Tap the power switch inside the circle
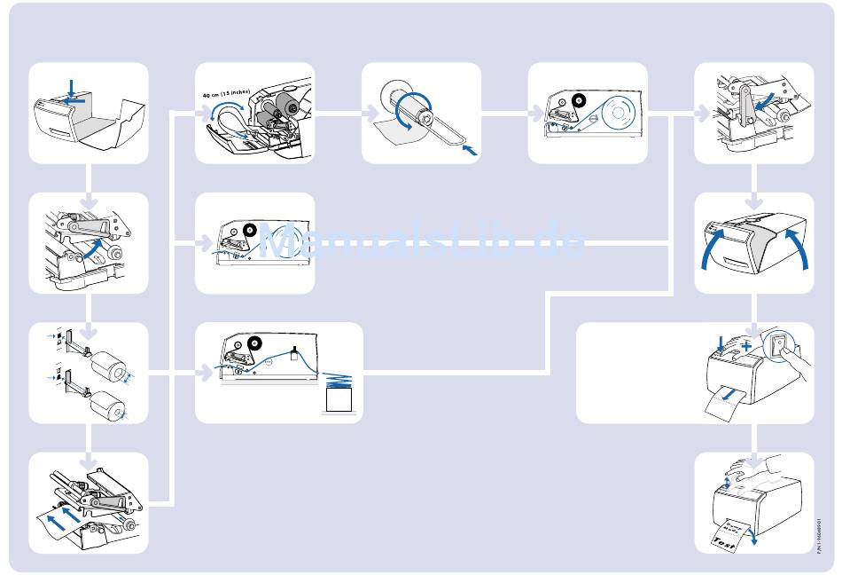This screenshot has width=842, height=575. click(779, 346)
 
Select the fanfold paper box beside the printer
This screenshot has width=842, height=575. click(338, 401)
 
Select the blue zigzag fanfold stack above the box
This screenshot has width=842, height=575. click(338, 379)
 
